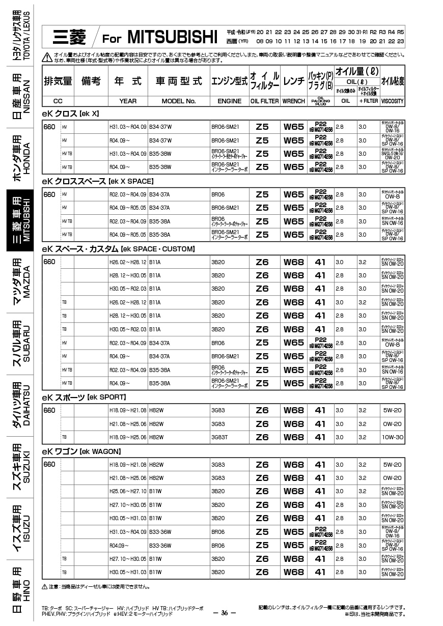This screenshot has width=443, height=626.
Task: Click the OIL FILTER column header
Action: pyautogui.click(x=264, y=101)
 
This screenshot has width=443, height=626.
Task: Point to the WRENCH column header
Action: pyautogui.click(x=293, y=101)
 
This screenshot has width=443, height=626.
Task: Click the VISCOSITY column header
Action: pyautogui.click(x=392, y=101)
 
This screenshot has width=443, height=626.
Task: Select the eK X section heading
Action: pyautogui.click(x=71, y=113)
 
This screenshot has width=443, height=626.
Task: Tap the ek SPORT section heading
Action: pyautogui.click(x=84, y=397)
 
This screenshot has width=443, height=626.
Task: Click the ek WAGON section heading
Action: pyautogui.click(x=81, y=451)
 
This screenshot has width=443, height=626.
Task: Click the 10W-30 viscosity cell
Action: pyautogui.click(x=392, y=437)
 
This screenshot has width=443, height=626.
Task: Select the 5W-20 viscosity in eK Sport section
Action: pyautogui.click(x=392, y=410)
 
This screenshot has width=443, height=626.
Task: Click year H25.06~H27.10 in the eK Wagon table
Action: pyautogui.click(x=127, y=491)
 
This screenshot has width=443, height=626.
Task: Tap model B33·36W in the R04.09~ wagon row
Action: pyautogui.click(x=160, y=546)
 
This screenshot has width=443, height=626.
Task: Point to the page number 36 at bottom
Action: pyautogui.click(x=224, y=613)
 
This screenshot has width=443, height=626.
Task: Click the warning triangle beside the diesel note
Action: pyautogui.click(x=45, y=587)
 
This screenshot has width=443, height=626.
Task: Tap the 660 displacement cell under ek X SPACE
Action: pyautogui.click(x=49, y=194)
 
